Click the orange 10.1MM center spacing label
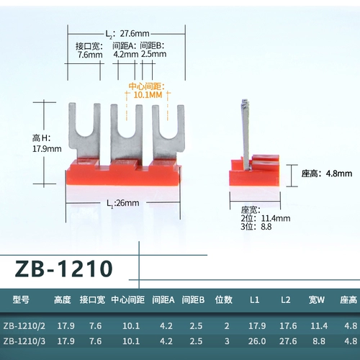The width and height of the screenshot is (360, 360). click(x=148, y=94)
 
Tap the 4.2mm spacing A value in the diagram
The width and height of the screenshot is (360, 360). click(x=125, y=54)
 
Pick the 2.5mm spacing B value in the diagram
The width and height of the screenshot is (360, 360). click(x=153, y=54)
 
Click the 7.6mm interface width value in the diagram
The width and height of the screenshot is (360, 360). click(x=89, y=54)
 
